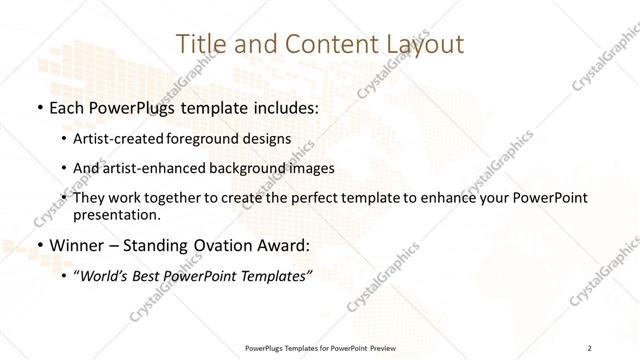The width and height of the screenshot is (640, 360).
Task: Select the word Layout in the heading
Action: click(421, 45)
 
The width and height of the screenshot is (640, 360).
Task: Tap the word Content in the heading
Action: click(320, 45)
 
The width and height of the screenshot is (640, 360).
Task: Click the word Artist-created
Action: click(120, 139)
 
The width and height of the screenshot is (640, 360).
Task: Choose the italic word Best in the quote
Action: click(144, 276)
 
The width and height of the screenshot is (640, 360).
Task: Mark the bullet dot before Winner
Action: click(38, 246)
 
